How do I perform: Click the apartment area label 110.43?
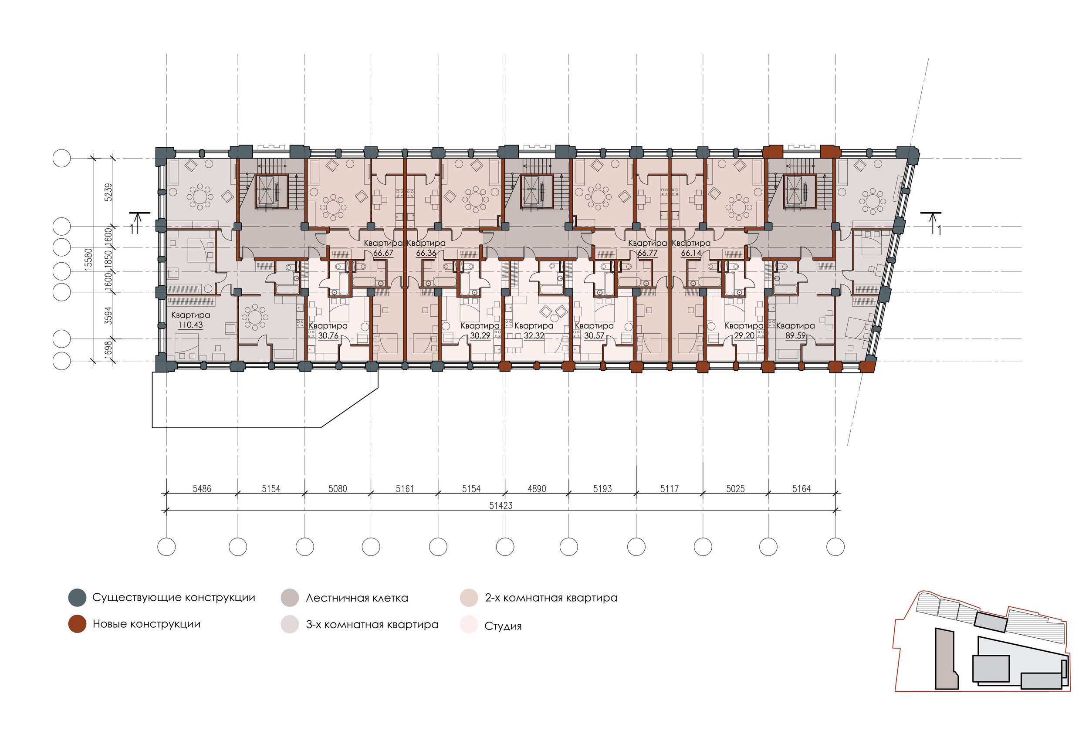click(190, 325)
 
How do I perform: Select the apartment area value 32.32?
click(534, 335)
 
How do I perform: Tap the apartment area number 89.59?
click(795, 335)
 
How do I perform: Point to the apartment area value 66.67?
click(383, 253)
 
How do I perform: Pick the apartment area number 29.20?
click(744, 335)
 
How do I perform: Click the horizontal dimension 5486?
click(202, 489)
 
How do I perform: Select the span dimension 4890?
click(537, 489)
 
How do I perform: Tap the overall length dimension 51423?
click(501, 506)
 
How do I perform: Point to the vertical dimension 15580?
click(88, 259)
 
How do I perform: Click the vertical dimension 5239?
click(108, 192)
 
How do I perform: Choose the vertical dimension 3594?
click(108, 315)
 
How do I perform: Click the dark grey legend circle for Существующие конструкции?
click(77, 598)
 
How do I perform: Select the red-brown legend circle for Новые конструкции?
click(77, 624)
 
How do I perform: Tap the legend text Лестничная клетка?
click(357, 598)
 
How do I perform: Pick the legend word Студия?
click(503, 626)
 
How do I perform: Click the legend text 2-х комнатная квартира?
click(551, 598)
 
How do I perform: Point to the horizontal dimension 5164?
click(802, 489)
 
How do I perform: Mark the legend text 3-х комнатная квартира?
click(372, 624)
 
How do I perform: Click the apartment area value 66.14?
click(691, 253)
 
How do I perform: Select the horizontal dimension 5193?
click(602, 489)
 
